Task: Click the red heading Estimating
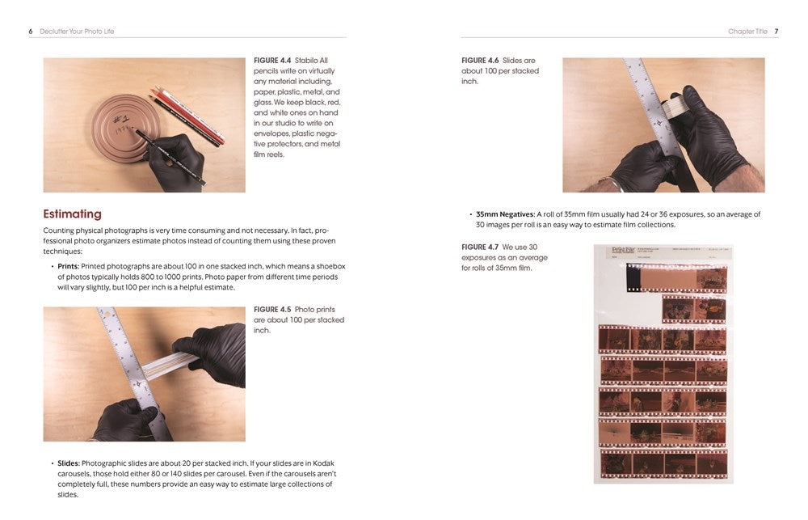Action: click(72, 214)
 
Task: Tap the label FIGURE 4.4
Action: click(272, 61)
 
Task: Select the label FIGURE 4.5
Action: click(272, 310)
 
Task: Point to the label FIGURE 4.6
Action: click(480, 61)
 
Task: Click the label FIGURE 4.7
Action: click(480, 247)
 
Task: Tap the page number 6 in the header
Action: click(31, 32)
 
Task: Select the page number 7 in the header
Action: click(776, 32)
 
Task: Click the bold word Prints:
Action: click(69, 267)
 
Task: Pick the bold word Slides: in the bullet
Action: click(69, 463)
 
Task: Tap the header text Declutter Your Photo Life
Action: click(77, 32)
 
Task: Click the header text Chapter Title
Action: click(747, 32)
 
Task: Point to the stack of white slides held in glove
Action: click(674, 108)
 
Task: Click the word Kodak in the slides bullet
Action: click(324, 463)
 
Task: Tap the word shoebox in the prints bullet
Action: click(330, 267)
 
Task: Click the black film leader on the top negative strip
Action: click(633, 277)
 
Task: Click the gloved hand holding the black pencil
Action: click(175, 163)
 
